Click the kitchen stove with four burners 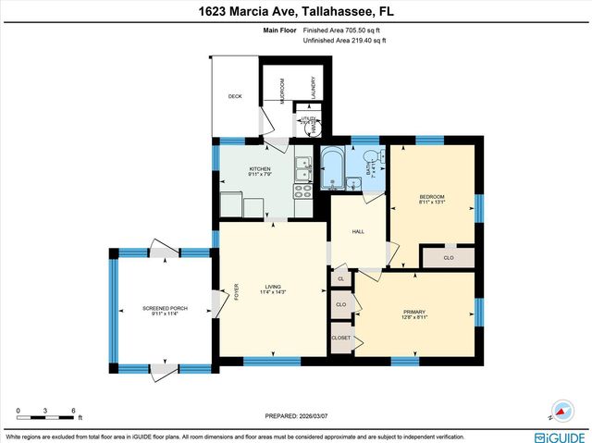[302, 191]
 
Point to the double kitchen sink [302, 168]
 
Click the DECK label [234, 95]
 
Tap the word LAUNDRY [313, 87]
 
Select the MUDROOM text [283, 87]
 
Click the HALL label [358, 232]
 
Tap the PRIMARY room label [413, 312]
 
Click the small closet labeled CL [340, 278]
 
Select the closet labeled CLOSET [340, 338]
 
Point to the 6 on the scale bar [73, 410]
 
